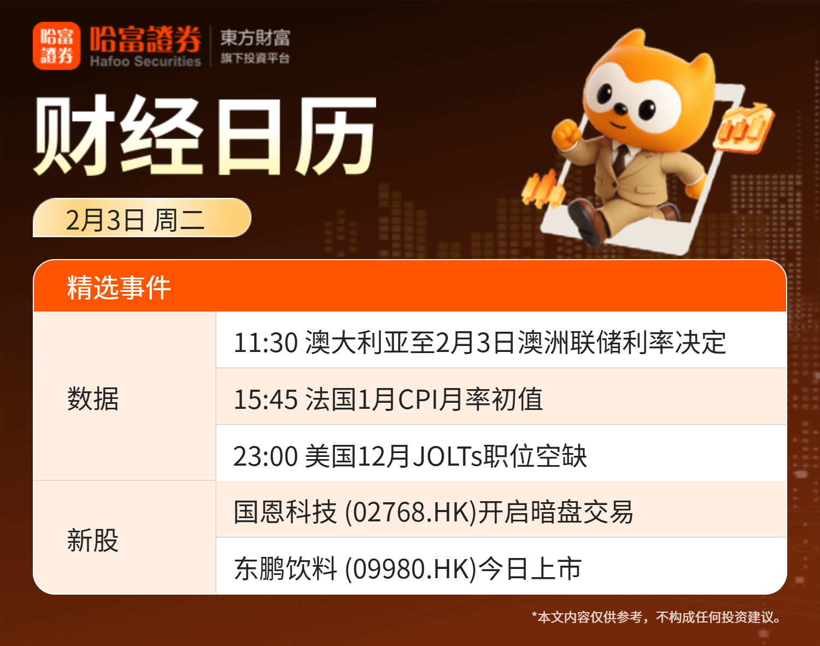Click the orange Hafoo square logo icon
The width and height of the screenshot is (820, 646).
pos(56,46)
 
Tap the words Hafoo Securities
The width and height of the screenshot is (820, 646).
pos(145,61)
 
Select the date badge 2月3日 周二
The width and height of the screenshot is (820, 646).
pos(142,218)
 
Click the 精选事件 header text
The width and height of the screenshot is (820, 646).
pos(119,287)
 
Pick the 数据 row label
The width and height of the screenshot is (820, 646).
pos(93,398)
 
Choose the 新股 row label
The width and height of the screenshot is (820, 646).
pos(93,540)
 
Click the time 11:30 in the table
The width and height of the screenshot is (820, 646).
pos(266,343)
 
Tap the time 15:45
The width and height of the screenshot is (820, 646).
pos(266,400)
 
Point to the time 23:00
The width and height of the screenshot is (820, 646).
pos(266,456)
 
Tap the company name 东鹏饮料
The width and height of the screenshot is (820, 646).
pos(285,569)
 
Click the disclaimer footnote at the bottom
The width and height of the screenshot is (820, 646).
pos(657,616)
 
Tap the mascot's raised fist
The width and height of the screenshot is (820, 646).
pos(566,134)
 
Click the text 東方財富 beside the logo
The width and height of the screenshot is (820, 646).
pos(255,38)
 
